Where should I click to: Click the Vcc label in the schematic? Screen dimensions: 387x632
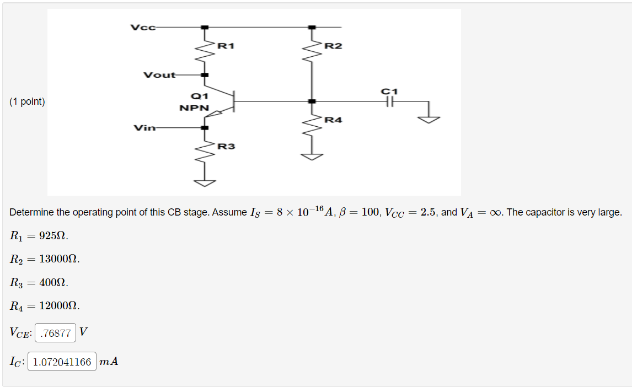click(x=143, y=27)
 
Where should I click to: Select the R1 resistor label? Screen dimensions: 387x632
click(x=226, y=46)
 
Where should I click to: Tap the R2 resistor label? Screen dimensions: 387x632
click(x=333, y=46)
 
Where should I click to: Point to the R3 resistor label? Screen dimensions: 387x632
click(x=226, y=146)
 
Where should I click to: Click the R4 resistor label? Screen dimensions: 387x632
click(x=333, y=120)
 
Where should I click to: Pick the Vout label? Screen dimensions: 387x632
click(x=159, y=75)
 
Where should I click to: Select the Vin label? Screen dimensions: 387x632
click(x=144, y=128)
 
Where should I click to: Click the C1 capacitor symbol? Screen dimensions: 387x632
click(x=390, y=101)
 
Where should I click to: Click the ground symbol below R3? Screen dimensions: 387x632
click(x=205, y=182)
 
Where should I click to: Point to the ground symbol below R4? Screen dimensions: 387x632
click(x=312, y=156)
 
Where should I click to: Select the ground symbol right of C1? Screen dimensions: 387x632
click(x=431, y=118)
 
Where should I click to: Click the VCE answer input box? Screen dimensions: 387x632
click(x=56, y=333)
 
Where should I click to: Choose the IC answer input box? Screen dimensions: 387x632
click(x=62, y=362)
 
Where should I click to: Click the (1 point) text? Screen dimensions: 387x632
click(x=27, y=101)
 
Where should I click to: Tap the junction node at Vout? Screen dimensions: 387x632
click(x=205, y=75)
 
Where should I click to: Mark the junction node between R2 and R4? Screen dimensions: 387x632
click(x=312, y=101)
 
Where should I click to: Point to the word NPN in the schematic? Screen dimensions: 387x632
click(x=194, y=108)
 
